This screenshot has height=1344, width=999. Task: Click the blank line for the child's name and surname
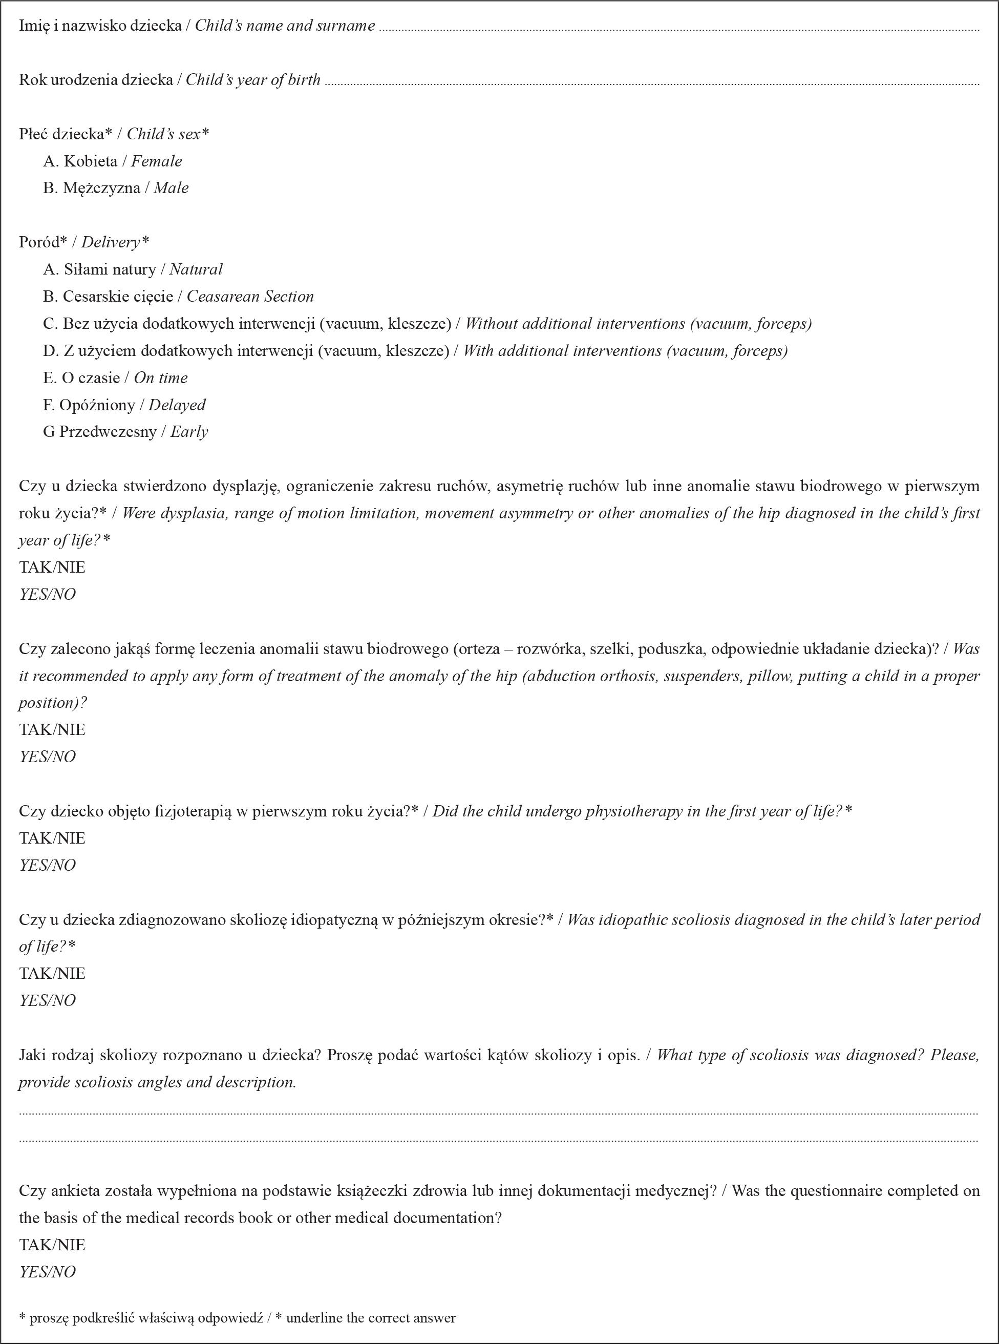[677, 28]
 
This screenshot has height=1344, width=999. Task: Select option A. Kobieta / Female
[112, 161]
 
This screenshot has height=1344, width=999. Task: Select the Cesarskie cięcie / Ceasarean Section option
[178, 297]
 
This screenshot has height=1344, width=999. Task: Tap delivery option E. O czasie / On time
[115, 378]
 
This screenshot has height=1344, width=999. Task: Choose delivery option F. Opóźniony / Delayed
[124, 405]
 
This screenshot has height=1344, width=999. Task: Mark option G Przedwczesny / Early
[125, 432]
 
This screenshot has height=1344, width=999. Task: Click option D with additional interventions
[415, 351]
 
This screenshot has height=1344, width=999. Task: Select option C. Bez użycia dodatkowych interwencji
[427, 324]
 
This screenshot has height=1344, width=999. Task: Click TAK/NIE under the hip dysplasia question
[52, 568]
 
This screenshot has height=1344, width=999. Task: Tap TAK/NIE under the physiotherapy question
[52, 838]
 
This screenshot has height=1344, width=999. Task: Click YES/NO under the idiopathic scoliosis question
[47, 1000]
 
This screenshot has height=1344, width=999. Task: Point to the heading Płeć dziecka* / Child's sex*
[114, 134]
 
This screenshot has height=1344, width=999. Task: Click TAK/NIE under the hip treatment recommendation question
[52, 729]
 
